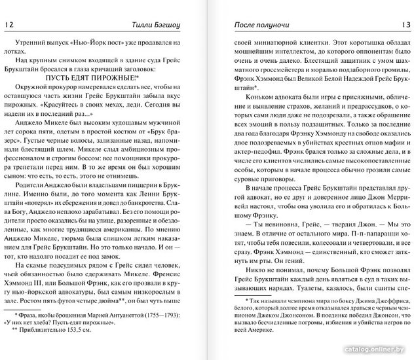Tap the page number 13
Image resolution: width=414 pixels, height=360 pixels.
[402, 25]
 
